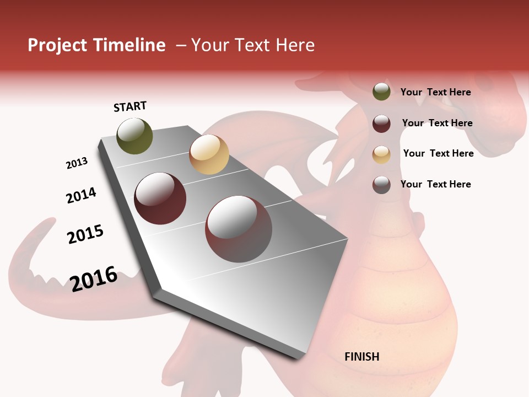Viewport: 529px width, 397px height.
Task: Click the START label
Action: tap(130, 106)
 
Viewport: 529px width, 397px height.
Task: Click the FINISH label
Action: tap(361, 357)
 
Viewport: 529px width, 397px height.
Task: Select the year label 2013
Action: tap(77, 163)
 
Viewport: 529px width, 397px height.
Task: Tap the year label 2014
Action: tap(81, 195)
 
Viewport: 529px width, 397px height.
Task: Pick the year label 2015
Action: tap(85, 234)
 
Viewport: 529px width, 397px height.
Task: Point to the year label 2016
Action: tap(94, 278)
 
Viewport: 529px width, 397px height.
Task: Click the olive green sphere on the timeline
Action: tap(135, 136)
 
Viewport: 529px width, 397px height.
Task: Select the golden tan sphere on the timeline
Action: tap(209, 154)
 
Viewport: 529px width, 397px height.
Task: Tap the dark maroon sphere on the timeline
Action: tap(160, 198)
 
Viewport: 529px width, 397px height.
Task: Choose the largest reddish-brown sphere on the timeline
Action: tap(239, 228)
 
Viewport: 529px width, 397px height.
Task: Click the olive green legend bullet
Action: tap(381, 92)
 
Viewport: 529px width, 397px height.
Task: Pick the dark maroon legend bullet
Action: tap(381, 124)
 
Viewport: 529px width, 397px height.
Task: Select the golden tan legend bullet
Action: tap(381, 154)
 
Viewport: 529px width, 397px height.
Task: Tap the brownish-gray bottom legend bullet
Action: tap(381, 185)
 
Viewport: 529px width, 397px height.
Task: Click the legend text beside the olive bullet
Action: tap(435, 92)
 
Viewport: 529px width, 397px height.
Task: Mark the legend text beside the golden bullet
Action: tap(438, 153)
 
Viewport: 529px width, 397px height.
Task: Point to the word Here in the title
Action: tap(295, 45)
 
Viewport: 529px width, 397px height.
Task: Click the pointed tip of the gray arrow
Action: tap(299, 357)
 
